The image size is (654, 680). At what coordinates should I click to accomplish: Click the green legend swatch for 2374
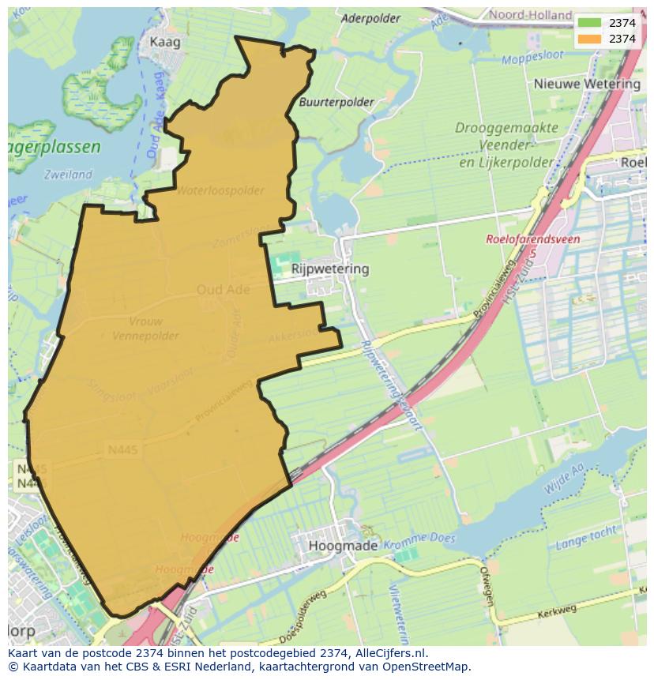tap(589, 23)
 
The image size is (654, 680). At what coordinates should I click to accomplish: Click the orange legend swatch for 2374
tap(589, 39)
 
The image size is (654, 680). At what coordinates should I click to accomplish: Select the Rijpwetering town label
tap(330, 269)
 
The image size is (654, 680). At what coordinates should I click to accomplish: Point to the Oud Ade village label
tap(223, 290)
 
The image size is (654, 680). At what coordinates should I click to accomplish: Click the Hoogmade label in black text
tap(339, 547)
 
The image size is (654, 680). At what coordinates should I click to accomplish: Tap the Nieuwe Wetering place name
tap(587, 84)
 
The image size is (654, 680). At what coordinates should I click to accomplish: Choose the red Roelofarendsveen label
tap(533, 239)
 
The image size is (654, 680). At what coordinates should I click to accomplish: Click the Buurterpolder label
tap(336, 103)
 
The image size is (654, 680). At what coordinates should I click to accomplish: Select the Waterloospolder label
tap(220, 191)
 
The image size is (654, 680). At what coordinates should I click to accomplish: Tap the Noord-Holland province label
tap(530, 15)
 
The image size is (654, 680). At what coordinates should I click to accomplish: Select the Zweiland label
tap(69, 175)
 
